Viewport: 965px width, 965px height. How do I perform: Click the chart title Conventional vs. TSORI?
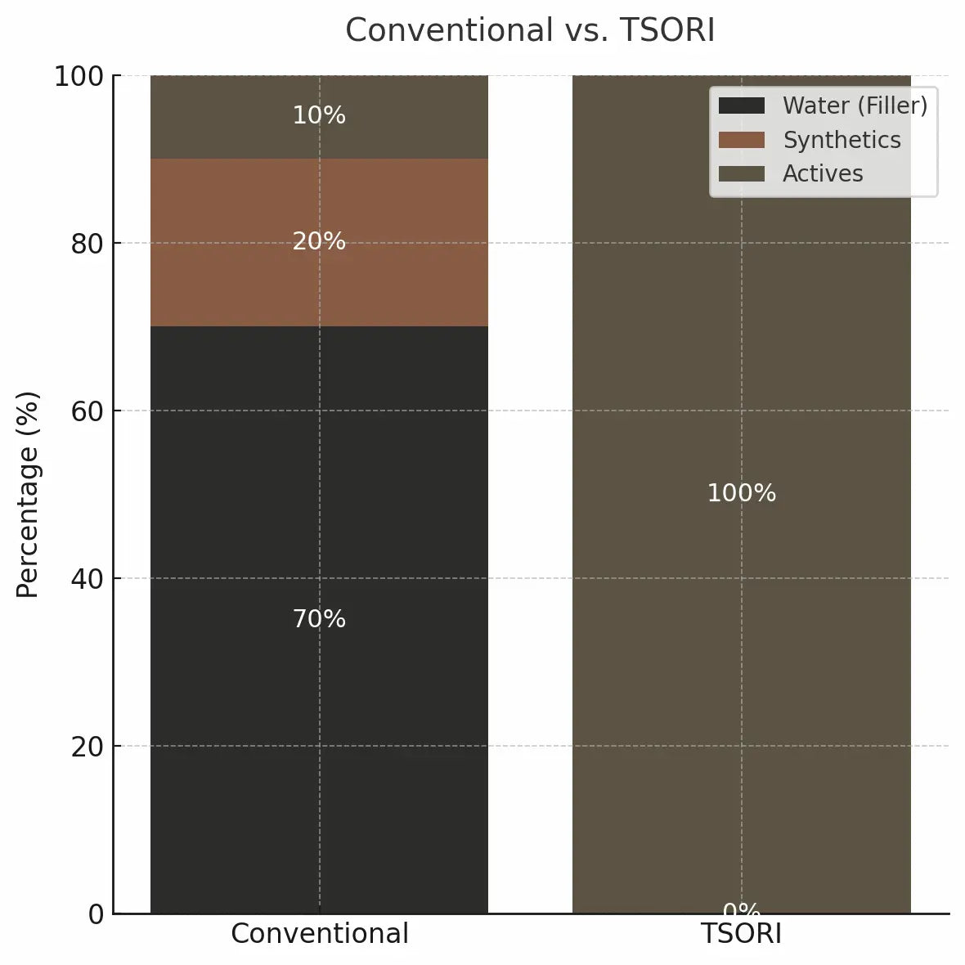530,31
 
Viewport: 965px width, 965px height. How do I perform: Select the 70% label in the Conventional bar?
319,619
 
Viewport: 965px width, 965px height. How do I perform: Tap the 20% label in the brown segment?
319,241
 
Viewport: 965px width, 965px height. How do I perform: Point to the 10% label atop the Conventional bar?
319,115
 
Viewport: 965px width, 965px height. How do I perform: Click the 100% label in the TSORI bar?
741,493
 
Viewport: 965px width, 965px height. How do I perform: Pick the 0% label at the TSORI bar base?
741,909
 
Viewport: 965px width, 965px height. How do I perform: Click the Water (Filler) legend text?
855,105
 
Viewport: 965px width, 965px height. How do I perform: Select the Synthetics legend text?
842,140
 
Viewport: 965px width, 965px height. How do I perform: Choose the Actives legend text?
823,173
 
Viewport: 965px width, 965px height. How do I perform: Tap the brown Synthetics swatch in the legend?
741,140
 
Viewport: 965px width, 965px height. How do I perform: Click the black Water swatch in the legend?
741,105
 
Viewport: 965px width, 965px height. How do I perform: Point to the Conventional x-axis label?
319,934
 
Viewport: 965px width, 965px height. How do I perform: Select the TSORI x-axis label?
741,934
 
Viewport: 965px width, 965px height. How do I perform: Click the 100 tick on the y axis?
79,77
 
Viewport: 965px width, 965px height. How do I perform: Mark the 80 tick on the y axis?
88,244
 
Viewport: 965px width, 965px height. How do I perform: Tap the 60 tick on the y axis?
88,411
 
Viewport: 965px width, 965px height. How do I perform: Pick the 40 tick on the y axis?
88,579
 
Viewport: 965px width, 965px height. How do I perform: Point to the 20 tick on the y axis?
88,747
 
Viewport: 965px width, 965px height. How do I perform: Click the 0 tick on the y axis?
96,914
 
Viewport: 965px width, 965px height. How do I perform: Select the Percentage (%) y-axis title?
28,495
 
